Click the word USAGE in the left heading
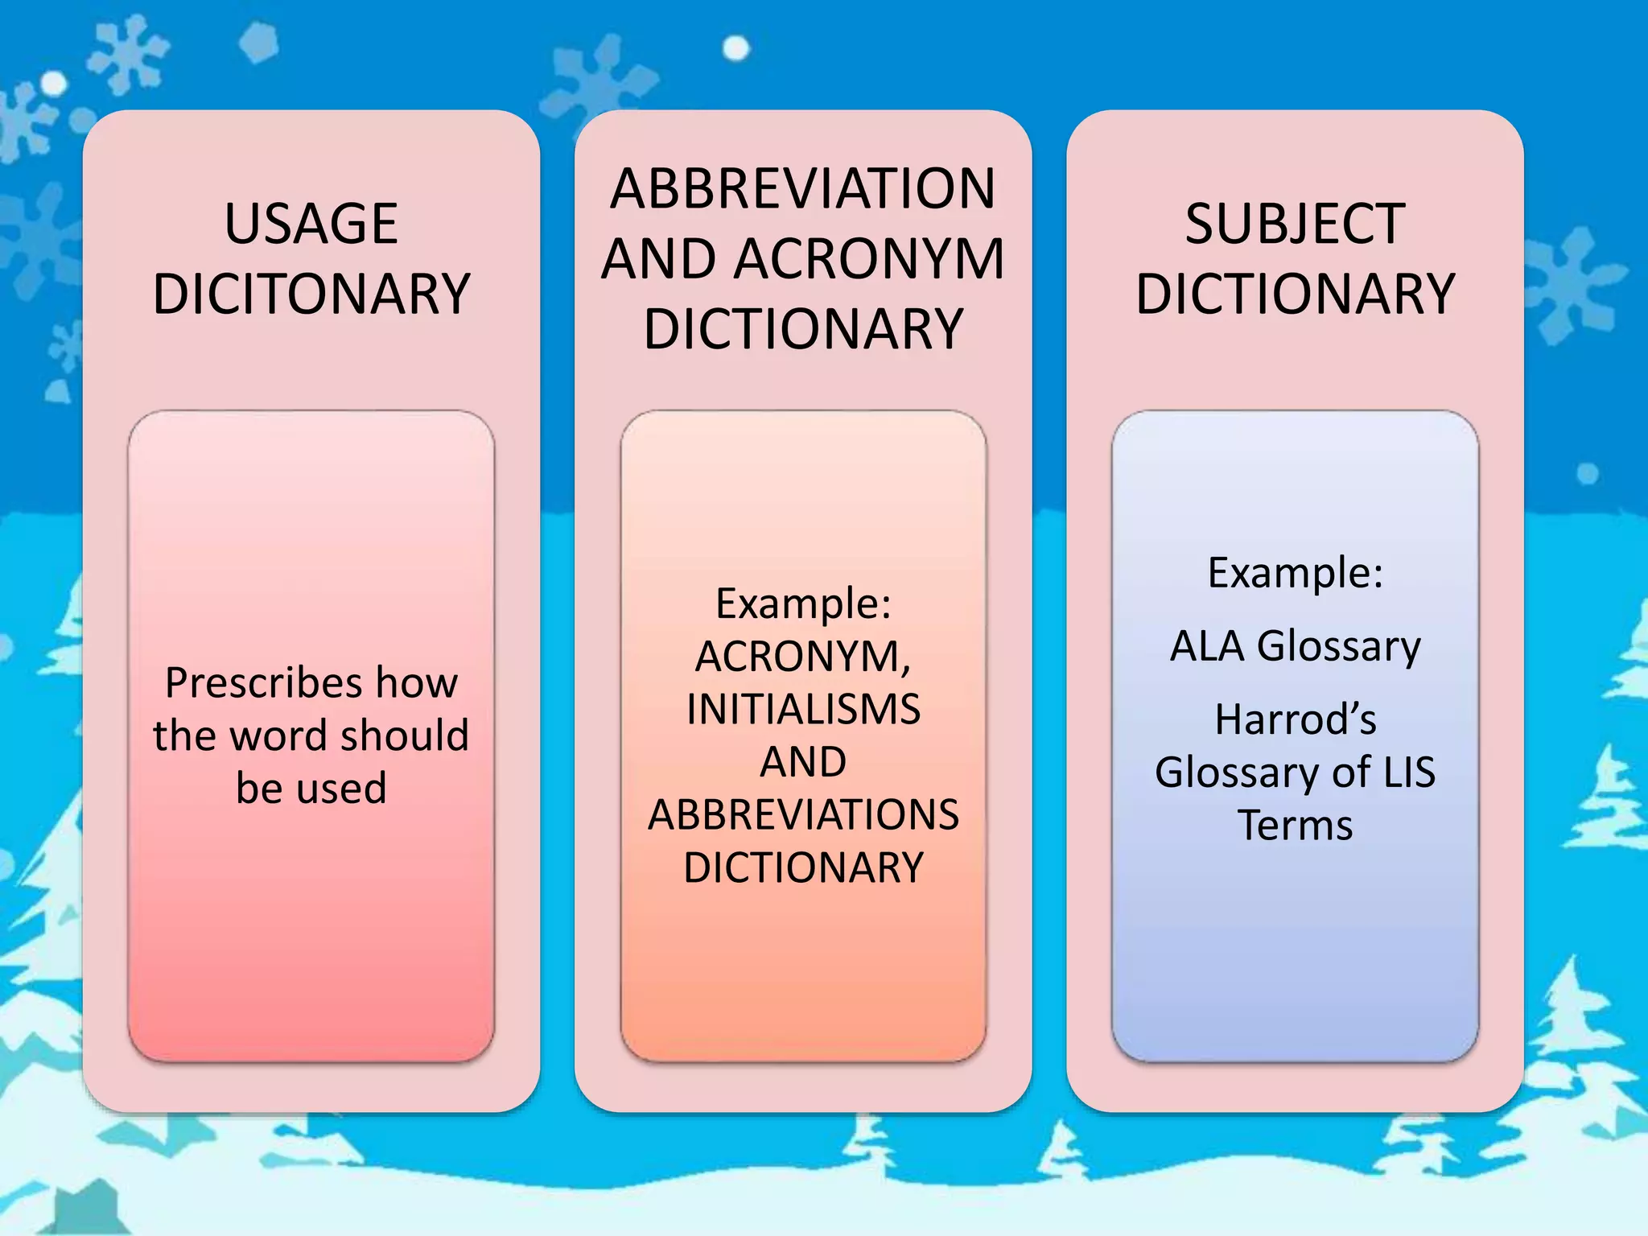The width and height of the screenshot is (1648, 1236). tap(311, 224)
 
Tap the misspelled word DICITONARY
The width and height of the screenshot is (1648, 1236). tap(311, 295)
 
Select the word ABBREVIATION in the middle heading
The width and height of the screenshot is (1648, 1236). tap(803, 189)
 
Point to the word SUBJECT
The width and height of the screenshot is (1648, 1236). tap(1295, 224)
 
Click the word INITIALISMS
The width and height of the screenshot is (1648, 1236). tap(803, 709)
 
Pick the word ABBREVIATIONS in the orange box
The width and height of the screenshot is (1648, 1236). tap(803, 814)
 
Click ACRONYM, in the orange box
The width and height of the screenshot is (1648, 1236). tap(803, 657)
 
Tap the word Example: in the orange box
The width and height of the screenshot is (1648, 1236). tap(803, 604)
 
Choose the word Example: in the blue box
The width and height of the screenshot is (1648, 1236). tap(1295, 573)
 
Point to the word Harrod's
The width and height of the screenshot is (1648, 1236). tap(1295, 719)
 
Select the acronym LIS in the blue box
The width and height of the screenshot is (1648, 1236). tap(1409, 772)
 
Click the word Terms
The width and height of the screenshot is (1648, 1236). tap(1295, 826)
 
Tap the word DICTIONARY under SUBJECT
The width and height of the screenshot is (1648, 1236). tap(1295, 295)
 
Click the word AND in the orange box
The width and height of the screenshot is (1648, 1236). tap(803, 761)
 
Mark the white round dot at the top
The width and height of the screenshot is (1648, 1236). tap(735, 49)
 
